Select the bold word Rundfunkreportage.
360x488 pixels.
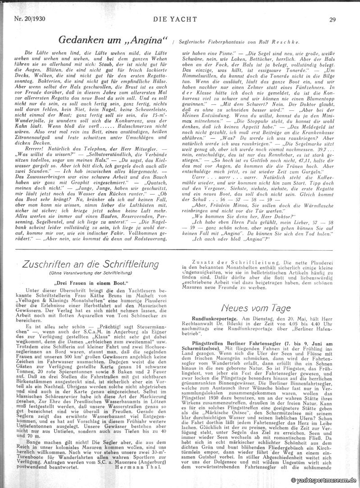[204, 318]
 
